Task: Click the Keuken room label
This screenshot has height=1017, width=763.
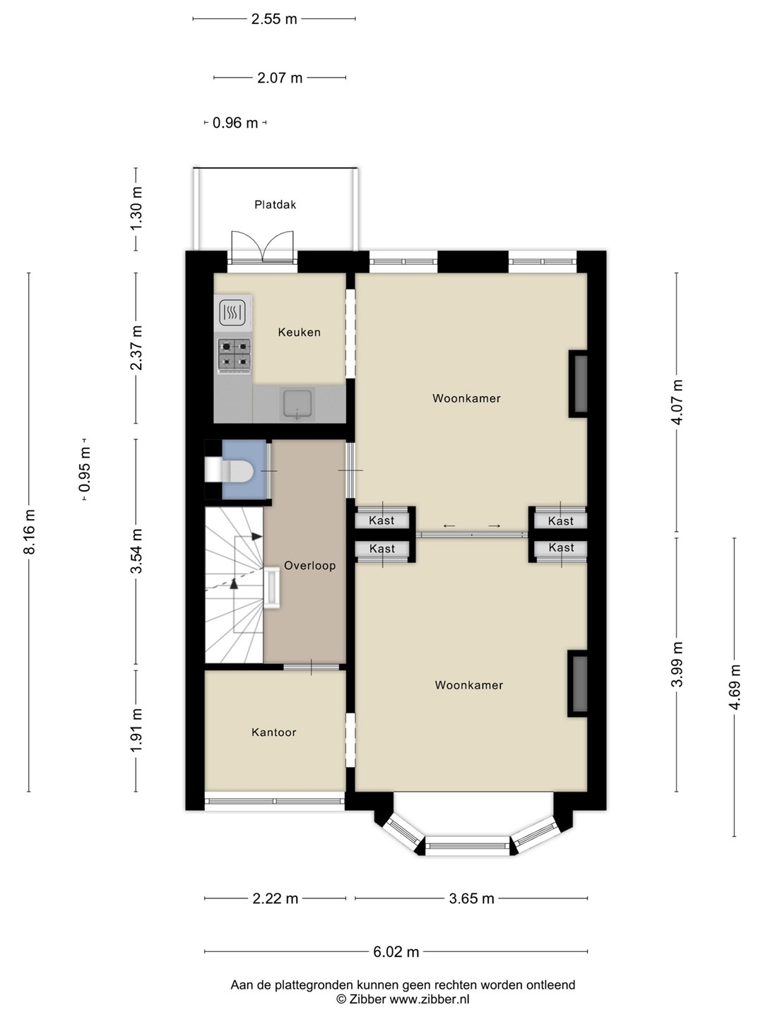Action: click(300, 332)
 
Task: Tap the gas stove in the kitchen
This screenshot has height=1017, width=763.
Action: click(235, 355)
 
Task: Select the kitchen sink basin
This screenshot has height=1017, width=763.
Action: click(297, 404)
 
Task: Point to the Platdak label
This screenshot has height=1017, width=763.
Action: click(276, 204)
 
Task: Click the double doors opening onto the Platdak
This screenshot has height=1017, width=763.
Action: click(263, 247)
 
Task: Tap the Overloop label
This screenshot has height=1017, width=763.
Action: click(310, 565)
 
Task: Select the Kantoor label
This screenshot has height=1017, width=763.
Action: click(274, 732)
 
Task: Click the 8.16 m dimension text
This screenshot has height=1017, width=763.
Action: click(29, 531)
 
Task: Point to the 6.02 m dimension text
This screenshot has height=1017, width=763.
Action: click(396, 951)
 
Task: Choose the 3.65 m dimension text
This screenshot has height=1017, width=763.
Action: click(472, 898)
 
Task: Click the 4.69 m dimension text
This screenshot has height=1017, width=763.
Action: click(734, 687)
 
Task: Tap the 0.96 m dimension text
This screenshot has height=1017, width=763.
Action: click(235, 123)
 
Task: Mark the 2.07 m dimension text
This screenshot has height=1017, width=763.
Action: click(280, 78)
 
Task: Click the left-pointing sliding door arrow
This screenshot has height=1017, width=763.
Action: click(449, 526)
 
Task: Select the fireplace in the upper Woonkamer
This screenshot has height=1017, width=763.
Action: click(578, 383)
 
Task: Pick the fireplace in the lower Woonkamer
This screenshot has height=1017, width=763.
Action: click(578, 684)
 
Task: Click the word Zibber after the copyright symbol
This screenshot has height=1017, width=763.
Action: click(367, 999)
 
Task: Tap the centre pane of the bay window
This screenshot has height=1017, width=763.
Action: click(468, 845)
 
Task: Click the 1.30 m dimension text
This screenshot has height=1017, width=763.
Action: click(136, 208)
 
